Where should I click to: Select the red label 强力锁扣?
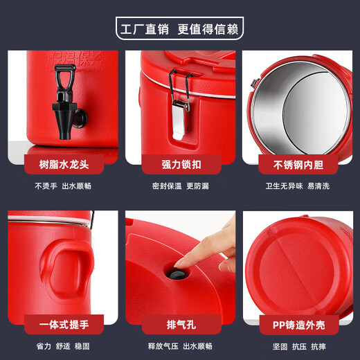[180, 165]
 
